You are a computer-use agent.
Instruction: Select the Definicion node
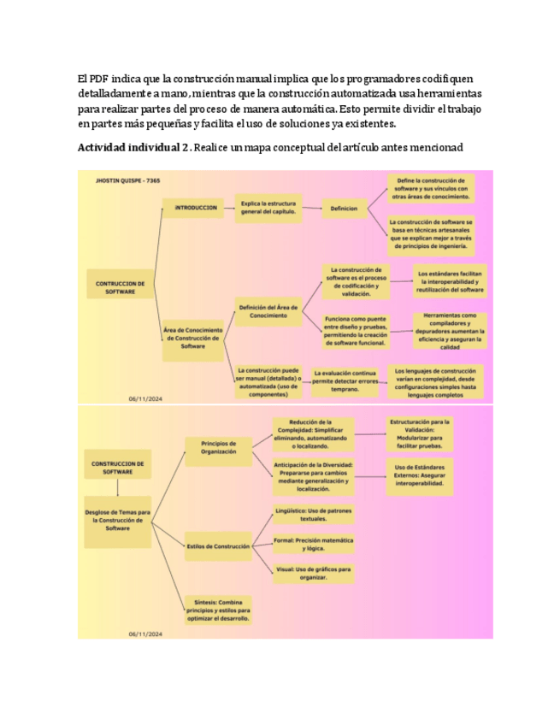tap(345, 208)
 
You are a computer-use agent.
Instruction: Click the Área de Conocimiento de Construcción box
tap(193, 338)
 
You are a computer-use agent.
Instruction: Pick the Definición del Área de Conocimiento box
tap(268, 310)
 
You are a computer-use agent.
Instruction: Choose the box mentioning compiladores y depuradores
tap(450, 330)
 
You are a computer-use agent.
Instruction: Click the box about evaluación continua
tap(345, 380)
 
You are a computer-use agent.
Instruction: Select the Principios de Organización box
tap(218, 448)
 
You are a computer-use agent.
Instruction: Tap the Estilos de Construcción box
tap(218, 545)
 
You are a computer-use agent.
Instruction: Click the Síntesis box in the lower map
tap(218, 610)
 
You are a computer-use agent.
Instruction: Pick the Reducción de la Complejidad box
tap(311, 434)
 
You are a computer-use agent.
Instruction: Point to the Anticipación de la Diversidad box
tap(313, 477)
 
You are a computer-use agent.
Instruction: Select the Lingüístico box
tap(313, 515)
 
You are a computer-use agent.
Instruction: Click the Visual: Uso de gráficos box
tap(313, 573)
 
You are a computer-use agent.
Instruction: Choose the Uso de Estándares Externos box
tap(420, 474)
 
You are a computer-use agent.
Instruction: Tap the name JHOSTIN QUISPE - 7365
tap(130, 180)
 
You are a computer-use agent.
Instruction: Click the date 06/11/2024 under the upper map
tap(145, 398)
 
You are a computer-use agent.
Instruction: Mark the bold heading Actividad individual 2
tap(133, 148)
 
